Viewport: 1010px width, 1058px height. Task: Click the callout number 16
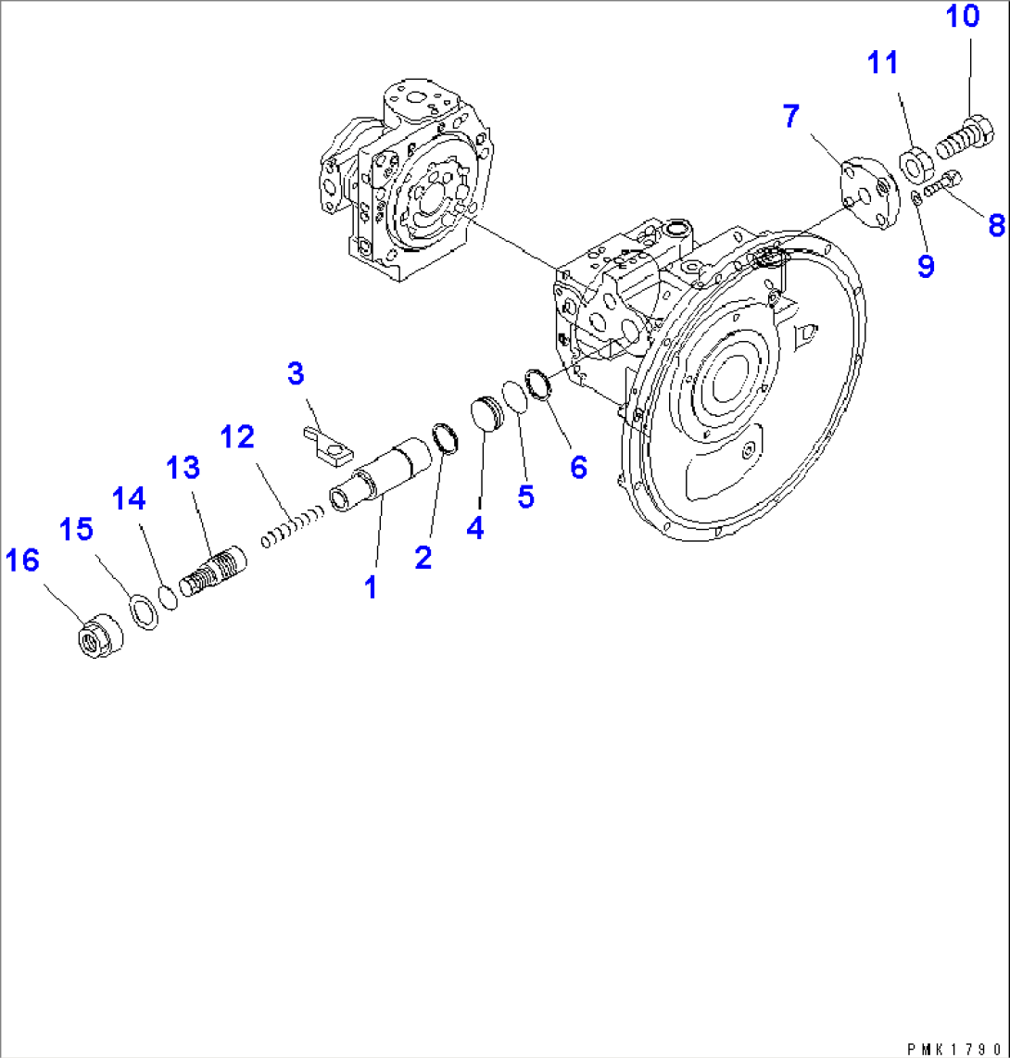[23, 561]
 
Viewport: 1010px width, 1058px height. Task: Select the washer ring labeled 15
[143, 613]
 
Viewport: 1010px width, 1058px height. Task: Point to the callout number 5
[525, 497]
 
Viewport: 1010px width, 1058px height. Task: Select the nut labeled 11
[916, 166]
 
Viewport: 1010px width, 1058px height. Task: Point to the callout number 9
[926, 267]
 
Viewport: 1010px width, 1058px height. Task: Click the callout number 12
[236, 436]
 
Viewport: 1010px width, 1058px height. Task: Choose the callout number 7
[789, 117]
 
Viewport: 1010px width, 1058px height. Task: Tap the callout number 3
[295, 374]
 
